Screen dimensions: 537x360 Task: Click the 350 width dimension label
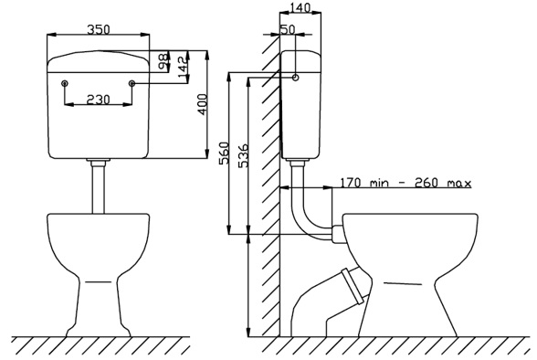(x=99, y=29)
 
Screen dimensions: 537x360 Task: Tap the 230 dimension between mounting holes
(x=99, y=100)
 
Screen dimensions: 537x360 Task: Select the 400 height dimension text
(x=202, y=104)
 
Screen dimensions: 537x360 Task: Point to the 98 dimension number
(x=163, y=60)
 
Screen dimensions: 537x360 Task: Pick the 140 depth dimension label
(x=300, y=7)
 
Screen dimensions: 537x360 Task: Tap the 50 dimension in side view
(x=288, y=29)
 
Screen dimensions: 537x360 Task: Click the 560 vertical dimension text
(x=223, y=153)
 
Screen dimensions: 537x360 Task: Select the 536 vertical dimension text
(x=244, y=155)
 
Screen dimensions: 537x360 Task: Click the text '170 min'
(x=364, y=183)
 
